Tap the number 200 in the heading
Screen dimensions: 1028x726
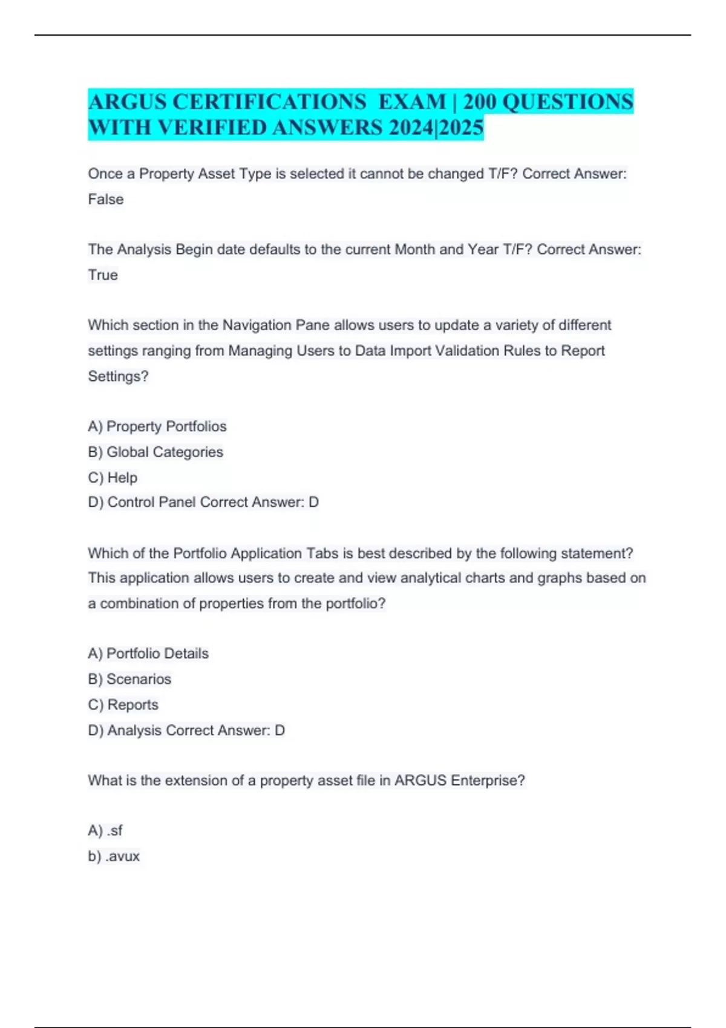click(x=479, y=102)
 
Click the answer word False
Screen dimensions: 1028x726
click(x=106, y=200)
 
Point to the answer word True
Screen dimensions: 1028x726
click(x=103, y=275)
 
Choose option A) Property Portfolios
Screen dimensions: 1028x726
click(x=157, y=426)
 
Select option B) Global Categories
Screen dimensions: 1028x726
click(x=155, y=452)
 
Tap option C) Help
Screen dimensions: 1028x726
click(x=113, y=478)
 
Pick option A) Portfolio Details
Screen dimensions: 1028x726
click(x=148, y=654)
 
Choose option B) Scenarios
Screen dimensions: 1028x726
click(x=129, y=679)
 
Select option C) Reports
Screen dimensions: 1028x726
click(x=123, y=705)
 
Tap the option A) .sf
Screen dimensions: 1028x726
click(x=105, y=831)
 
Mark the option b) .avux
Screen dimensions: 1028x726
click(x=114, y=856)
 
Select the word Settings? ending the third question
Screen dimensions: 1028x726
click(x=118, y=377)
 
